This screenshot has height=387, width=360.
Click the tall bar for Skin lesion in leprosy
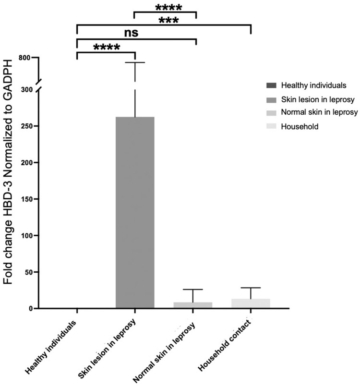135,212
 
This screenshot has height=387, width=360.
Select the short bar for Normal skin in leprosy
192,305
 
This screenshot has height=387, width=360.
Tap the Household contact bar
251,303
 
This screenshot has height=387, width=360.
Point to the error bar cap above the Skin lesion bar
135,62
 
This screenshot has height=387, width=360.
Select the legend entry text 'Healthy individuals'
313,85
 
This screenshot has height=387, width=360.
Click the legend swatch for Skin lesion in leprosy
271,99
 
